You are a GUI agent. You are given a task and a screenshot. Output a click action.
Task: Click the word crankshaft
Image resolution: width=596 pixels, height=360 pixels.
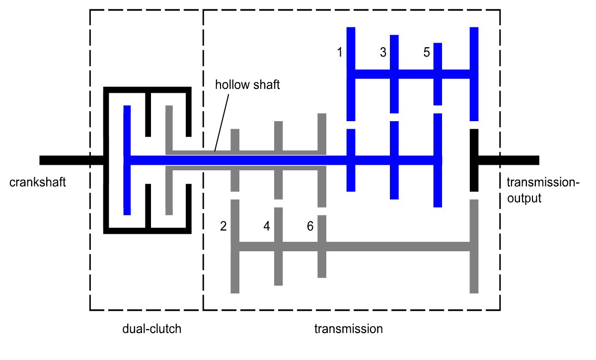tap(37, 183)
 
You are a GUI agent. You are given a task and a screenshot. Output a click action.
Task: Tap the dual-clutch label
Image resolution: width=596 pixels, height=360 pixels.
tap(152, 329)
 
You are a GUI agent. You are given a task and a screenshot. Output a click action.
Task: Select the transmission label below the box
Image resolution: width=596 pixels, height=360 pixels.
tap(349, 329)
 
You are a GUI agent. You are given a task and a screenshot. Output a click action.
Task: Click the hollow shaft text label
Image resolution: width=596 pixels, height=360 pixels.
tap(247, 84)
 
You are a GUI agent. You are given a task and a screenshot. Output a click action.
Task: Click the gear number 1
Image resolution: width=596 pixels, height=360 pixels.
tap(340, 52)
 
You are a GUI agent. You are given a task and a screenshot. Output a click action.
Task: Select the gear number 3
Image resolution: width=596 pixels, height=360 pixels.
tap(383, 52)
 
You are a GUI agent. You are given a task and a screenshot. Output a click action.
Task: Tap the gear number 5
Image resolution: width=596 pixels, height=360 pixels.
tap(427, 52)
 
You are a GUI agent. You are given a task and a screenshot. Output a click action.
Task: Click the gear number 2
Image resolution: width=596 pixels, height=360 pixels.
tap(223, 226)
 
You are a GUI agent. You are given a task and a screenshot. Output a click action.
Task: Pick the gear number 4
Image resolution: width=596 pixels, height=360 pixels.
tap(267, 226)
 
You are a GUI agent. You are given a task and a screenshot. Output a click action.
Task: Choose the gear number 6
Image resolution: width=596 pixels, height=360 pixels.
tap(310, 226)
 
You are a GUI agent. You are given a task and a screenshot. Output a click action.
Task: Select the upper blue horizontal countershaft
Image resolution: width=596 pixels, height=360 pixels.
tap(412, 74)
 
